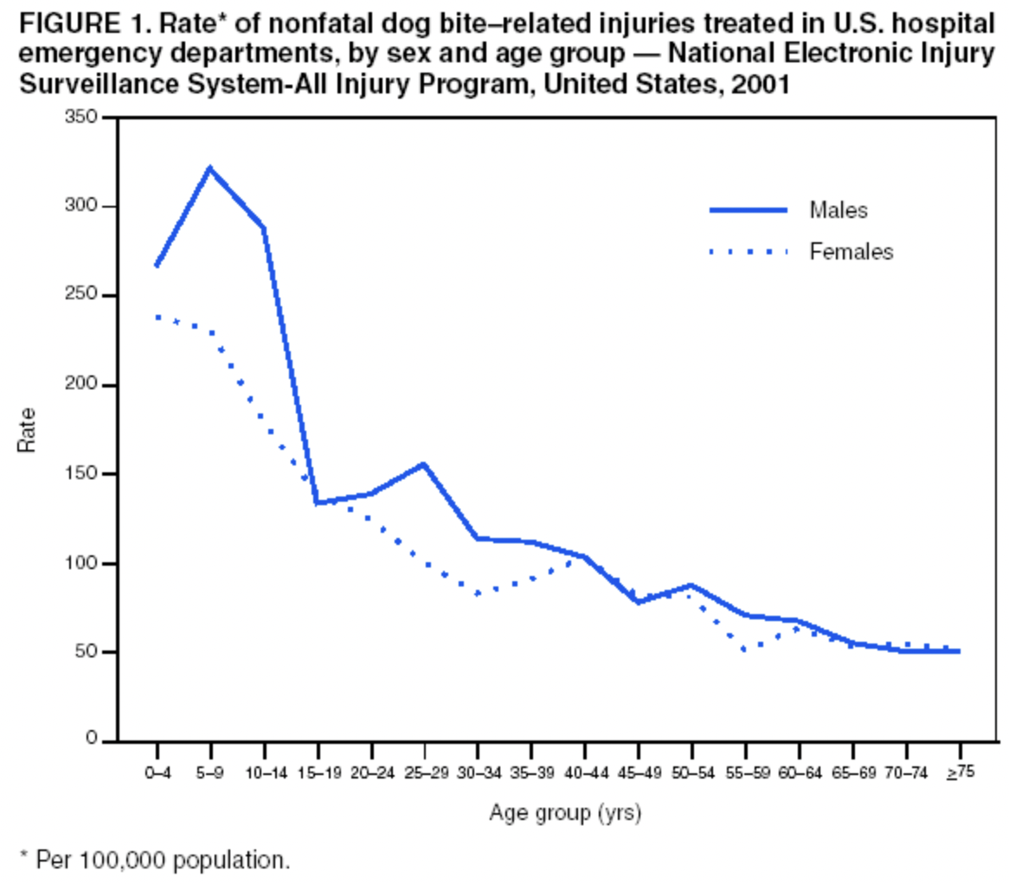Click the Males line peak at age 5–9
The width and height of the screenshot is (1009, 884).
[x=209, y=168]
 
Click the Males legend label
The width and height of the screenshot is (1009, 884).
[x=839, y=209]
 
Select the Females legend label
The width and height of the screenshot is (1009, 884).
[x=851, y=252]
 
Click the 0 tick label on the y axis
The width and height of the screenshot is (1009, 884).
[x=90, y=740]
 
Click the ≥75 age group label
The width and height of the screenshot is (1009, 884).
[x=960, y=772]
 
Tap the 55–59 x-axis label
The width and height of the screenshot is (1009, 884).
[x=745, y=772]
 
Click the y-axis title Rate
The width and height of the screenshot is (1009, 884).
[x=27, y=429]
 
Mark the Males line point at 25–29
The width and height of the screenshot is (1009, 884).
[x=424, y=464]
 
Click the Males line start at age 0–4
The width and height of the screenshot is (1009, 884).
[x=157, y=266]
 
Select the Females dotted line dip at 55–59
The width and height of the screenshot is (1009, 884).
[x=745, y=649]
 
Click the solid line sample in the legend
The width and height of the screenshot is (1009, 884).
[x=748, y=209]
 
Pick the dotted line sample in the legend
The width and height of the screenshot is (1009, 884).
[x=748, y=252]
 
